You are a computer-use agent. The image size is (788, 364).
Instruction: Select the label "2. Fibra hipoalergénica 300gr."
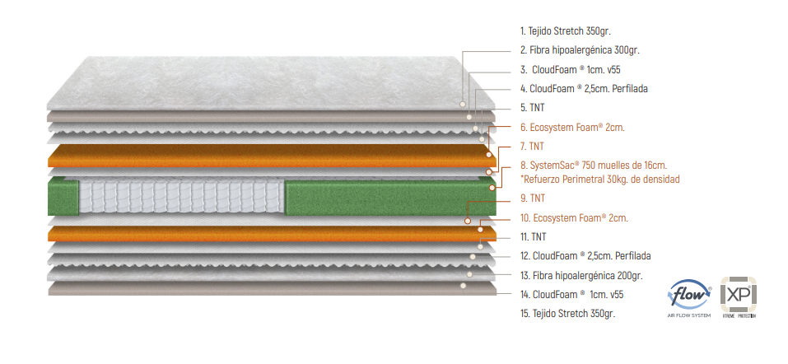tap(580, 50)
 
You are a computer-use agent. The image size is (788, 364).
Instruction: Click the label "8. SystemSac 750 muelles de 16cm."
tap(593, 165)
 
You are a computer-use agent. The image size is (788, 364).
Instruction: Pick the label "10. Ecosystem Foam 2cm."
tap(574, 218)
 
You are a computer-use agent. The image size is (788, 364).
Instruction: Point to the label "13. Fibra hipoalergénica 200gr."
tap(581, 275)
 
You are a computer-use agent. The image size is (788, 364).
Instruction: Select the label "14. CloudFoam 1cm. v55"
tap(571, 294)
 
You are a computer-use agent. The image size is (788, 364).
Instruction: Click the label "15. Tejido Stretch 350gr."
tap(567, 314)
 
